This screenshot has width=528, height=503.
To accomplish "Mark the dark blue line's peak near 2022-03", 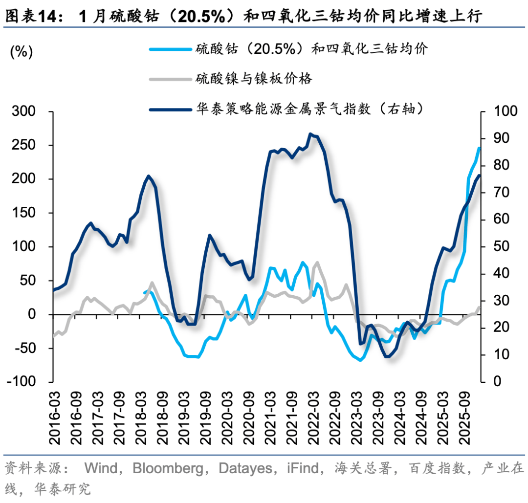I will click(310, 133).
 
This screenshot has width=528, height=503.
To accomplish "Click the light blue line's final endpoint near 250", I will click(479, 148).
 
